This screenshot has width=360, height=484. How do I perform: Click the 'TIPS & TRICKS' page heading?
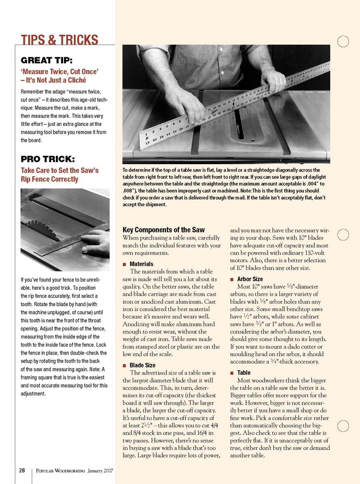60,40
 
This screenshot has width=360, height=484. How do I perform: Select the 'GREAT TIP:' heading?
47,60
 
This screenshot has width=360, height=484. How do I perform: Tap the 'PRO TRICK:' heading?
47,159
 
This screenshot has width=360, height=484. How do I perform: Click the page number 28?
22,471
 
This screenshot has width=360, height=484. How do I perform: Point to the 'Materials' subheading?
142,264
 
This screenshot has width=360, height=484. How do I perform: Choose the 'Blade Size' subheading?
142,365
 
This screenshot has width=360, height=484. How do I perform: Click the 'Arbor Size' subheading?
250,279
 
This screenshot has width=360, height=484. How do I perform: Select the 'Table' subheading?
244,373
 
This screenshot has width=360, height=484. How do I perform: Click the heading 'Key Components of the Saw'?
164,230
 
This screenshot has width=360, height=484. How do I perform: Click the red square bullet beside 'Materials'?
124,265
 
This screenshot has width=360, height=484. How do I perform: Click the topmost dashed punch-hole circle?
343,41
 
